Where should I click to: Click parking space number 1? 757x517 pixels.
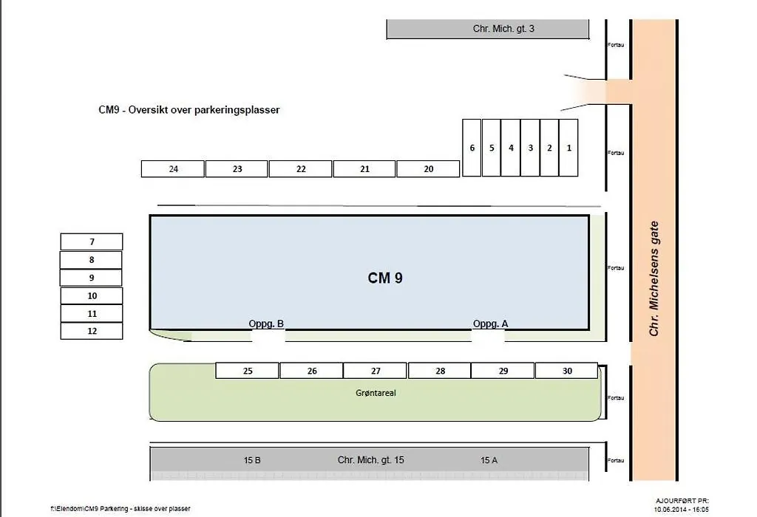tap(568, 148)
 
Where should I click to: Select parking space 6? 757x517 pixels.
tap(472, 148)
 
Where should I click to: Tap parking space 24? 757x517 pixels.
tap(173, 169)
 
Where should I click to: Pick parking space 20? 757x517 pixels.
tap(428, 169)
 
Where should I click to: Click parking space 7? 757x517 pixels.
tap(92, 242)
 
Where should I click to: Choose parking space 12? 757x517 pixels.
tap(92, 331)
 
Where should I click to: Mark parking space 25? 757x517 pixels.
tap(247, 370)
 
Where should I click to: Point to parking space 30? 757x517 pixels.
tap(567, 370)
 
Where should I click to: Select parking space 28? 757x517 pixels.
tap(439, 370)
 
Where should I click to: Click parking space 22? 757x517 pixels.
tap(301, 169)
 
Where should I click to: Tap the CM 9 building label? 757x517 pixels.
tap(385, 278)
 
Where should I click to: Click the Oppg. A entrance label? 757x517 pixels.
tap(491, 323)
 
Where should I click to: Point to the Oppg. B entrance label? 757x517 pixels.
tap(266, 323)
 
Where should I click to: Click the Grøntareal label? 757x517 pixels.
tap(376, 393)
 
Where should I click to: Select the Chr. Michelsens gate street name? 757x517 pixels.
tap(654, 278)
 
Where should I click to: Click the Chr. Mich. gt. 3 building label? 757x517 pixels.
tap(503, 29)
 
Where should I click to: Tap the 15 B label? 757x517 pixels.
tap(252, 460)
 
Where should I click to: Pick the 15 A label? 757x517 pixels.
tap(489, 460)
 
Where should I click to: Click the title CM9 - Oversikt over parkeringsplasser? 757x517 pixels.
tap(189, 110)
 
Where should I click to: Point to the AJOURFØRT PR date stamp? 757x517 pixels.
tap(682, 505)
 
